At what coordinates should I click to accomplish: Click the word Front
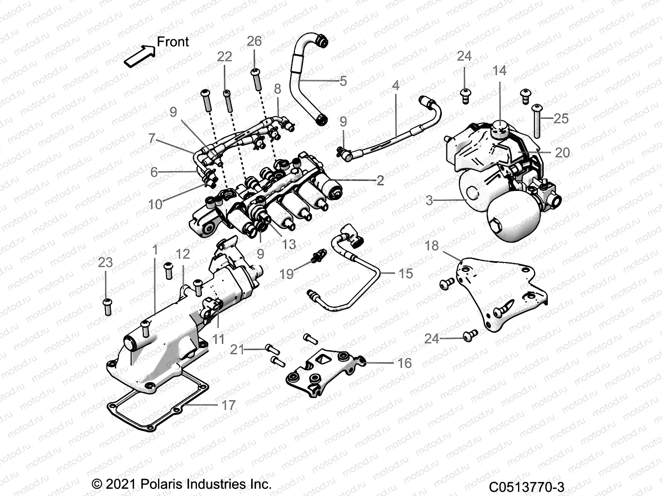point(173,42)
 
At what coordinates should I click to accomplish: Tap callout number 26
point(254,41)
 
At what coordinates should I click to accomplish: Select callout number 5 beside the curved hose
point(343,81)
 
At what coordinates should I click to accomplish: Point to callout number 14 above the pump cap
point(499,71)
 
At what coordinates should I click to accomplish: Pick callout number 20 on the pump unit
point(562,153)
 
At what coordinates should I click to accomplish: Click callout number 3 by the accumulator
point(429,200)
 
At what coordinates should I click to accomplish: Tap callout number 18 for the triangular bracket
point(432,246)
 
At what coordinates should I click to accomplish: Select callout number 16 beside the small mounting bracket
point(404,363)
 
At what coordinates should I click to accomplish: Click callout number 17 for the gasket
point(228,405)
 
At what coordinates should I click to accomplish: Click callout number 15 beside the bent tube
point(405,273)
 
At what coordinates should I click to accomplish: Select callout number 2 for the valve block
point(380,180)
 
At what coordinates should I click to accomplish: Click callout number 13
point(289,244)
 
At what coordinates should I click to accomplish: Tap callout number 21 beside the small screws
point(237,350)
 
